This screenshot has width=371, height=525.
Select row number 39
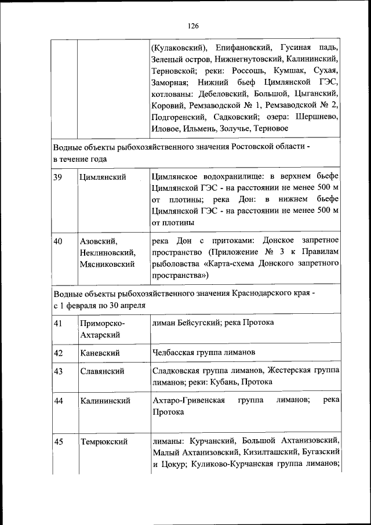point(57,177)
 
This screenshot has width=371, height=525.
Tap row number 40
point(57,240)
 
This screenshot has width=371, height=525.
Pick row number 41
point(57,323)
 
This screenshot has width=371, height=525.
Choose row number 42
point(57,352)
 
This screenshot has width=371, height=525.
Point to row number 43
point(57,371)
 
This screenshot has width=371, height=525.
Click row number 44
point(57,400)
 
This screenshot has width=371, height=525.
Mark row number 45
point(57,442)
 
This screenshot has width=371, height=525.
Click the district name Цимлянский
point(103,177)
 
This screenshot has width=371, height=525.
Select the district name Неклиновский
point(108,252)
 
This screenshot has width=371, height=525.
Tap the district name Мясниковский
point(108,264)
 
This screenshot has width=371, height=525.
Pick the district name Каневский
point(100,352)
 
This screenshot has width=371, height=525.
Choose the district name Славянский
point(102,371)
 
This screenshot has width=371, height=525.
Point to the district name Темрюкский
point(104,442)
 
